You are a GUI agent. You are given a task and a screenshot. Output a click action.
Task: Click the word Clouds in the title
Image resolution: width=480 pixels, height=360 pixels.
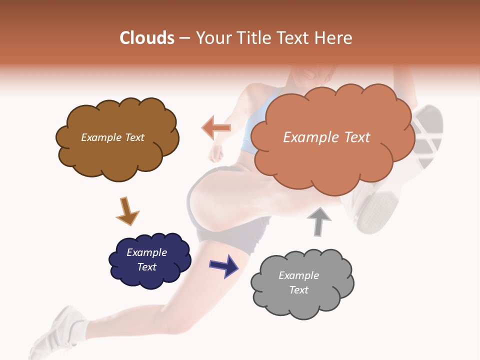click(147, 38)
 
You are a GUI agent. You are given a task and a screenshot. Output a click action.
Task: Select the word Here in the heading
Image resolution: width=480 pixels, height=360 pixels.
click(334, 38)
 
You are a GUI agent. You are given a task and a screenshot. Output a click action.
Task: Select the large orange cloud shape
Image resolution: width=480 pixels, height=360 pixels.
click(330, 160)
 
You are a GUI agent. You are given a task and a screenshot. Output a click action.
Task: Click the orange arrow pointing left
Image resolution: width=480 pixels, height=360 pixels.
click(216, 127)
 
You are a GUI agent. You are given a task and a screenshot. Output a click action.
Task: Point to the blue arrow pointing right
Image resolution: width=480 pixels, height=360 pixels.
click(223, 265)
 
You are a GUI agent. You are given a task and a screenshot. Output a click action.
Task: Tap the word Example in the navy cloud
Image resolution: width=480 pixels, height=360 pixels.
click(146, 252)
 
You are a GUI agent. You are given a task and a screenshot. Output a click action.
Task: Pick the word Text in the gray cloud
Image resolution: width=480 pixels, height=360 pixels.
click(298, 290)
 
